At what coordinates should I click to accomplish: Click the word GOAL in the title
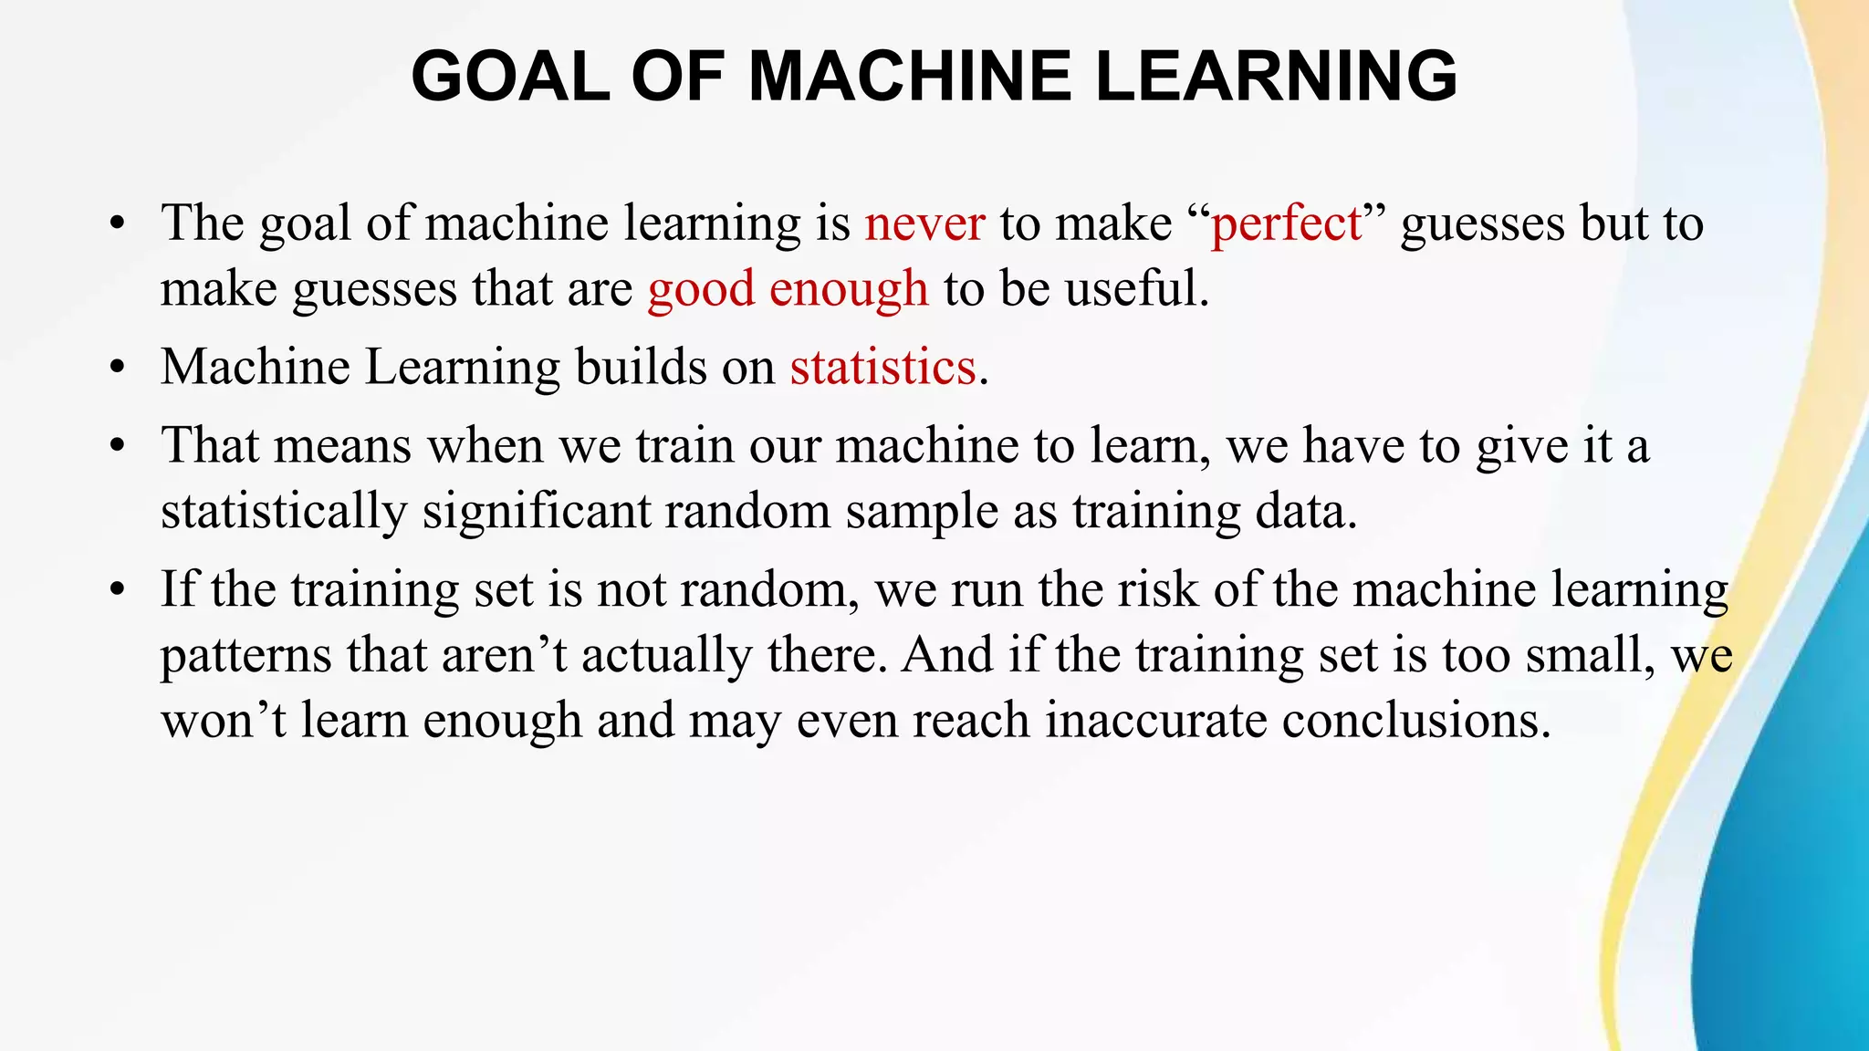tap(510, 76)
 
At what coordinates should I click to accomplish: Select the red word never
tap(924, 224)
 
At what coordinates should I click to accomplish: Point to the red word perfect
tap(1286, 224)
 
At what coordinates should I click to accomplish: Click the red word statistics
tap(882, 368)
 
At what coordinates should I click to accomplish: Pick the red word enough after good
tap(848, 290)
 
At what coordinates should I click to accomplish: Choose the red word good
tap(701, 290)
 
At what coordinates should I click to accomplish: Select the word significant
tap(536, 511)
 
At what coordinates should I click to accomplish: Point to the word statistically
tap(284, 511)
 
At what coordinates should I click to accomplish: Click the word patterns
tap(245, 655)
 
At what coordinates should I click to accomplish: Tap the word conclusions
tap(1415, 721)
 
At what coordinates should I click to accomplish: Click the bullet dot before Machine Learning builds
tap(115, 369)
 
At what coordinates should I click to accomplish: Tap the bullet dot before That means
tap(115, 447)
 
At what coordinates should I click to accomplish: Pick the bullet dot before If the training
tap(115, 590)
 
